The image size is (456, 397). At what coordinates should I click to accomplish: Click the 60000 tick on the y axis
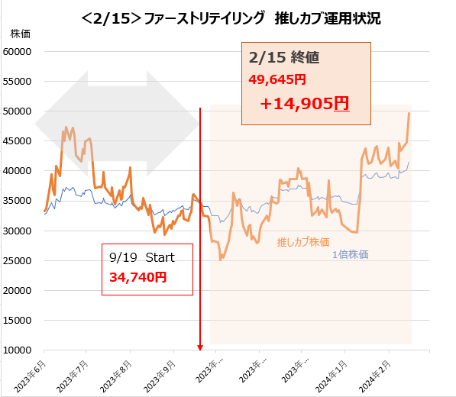pos(18,51)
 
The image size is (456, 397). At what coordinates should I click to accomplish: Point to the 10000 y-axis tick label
pos(18,350)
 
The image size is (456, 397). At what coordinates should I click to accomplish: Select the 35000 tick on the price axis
pos(18,201)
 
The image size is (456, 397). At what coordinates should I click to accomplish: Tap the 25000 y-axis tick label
pos(18,261)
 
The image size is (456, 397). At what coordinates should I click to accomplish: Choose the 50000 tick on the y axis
pos(18,111)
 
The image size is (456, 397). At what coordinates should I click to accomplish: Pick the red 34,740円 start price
pos(138,279)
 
